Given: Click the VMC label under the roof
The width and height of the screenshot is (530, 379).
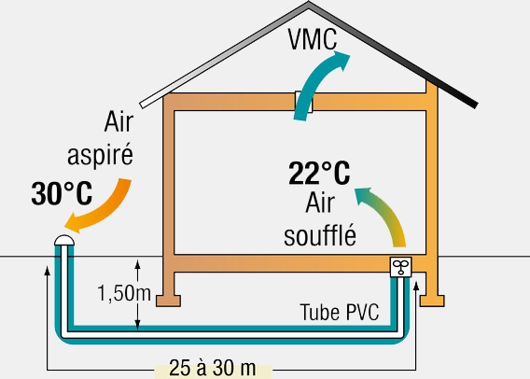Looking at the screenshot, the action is click(x=313, y=39).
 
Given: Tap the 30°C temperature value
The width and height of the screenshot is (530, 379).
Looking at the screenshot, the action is click(x=62, y=193).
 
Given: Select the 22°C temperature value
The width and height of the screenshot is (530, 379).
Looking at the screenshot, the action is click(x=319, y=174).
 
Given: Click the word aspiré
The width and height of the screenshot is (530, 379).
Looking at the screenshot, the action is click(x=100, y=155).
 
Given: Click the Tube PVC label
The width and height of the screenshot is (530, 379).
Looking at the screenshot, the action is click(x=340, y=312).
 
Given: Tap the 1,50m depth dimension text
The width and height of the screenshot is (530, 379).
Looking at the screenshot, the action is click(x=124, y=293).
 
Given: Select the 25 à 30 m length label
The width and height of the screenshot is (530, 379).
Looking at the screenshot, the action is click(x=212, y=368).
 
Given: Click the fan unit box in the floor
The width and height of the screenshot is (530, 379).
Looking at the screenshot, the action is click(x=401, y=267).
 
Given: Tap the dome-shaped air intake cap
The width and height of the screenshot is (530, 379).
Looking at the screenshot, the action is click(x=64, y=241).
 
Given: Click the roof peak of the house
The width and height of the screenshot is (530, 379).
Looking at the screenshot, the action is click(x=309, y=3).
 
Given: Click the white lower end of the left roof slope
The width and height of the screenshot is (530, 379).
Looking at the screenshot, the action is click(x=143, y=105).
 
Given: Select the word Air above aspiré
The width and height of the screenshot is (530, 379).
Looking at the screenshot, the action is click(x=119, y=121).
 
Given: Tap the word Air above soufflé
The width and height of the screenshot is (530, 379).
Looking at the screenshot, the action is click(x=320, y=203).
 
